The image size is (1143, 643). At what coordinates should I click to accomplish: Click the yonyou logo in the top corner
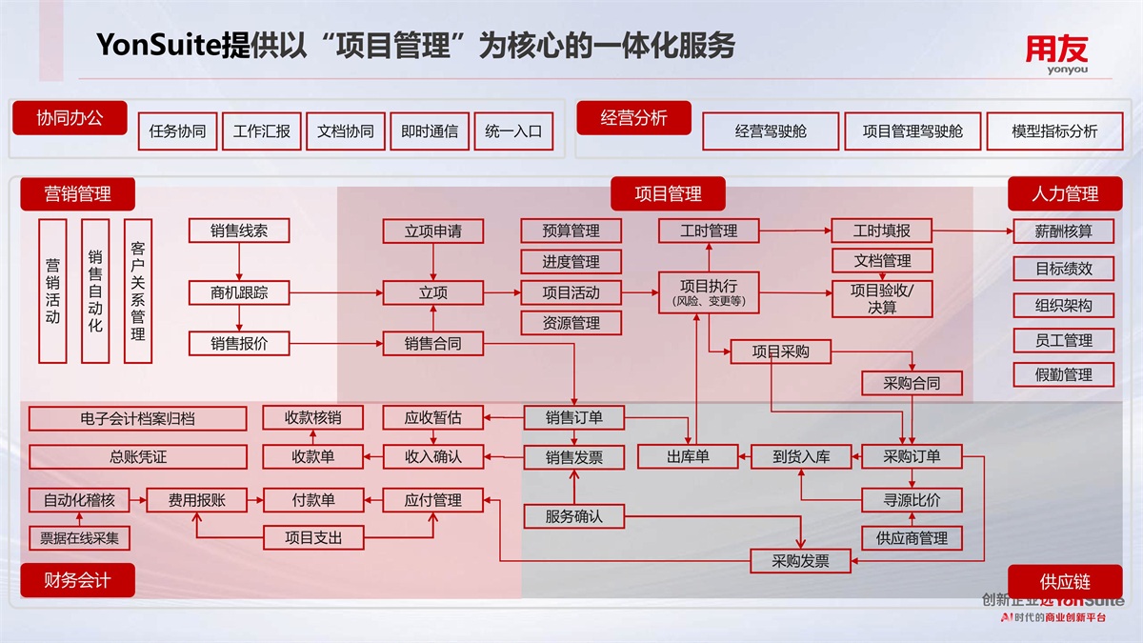1055,54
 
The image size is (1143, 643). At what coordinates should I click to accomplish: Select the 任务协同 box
177,131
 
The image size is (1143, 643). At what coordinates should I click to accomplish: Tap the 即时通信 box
429,131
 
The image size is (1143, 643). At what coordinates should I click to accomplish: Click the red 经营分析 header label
633,118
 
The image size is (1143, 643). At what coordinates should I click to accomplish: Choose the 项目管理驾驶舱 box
912,131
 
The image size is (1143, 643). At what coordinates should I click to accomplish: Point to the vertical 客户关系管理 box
138,291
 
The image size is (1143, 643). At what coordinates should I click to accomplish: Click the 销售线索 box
239,231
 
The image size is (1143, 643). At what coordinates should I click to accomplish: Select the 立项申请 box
433,231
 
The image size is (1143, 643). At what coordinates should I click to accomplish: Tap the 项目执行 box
708,291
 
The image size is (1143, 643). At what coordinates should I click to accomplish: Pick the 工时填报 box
881,231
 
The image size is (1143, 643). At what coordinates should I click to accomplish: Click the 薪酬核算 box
1064,231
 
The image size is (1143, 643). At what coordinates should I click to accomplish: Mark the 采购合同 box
912,383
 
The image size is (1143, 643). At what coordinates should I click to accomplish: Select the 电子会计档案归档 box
137,418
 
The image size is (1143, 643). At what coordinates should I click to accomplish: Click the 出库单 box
688,457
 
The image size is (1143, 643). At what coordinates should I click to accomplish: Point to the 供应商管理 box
912,538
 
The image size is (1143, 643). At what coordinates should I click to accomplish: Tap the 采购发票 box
801,561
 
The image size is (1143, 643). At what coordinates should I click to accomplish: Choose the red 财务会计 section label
77,580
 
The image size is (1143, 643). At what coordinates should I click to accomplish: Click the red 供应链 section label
1065,581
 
